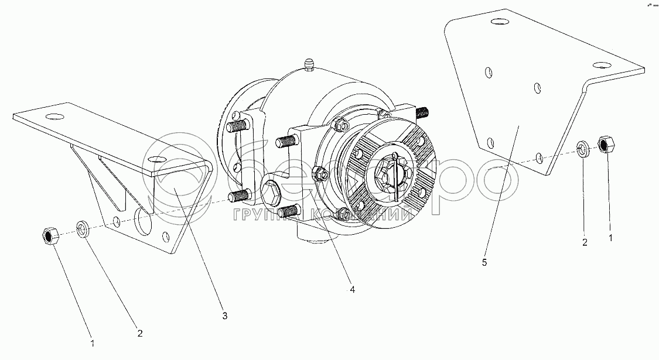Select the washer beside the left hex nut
(83, 228)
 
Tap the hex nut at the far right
(605, 144)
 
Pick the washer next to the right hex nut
(583, 149)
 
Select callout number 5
(484, 263)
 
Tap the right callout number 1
(611, 239)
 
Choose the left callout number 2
(139, 333)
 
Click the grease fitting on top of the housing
(310, 64)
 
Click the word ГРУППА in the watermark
(258, 215)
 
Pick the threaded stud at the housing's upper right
(423, 111)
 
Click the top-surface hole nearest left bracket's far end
(56, 115)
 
